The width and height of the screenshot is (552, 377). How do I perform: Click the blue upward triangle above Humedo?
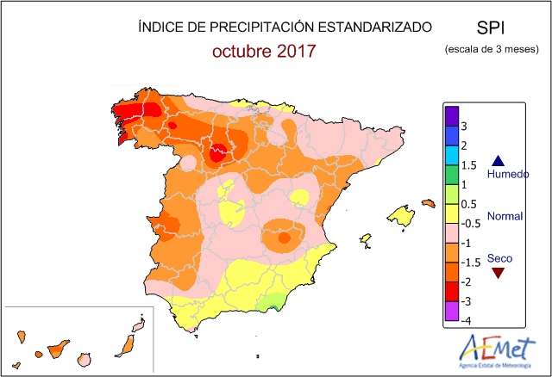[x=498, y=159]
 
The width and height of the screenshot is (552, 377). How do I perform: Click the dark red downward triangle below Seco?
[x=498, y=274]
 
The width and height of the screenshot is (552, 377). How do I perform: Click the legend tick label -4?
[x=466, y=320]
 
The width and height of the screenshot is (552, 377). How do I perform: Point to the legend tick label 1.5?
[x=469, y=165]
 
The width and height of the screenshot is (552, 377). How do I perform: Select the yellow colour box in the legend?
[x=450, y=213]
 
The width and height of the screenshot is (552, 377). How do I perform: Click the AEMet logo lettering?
[x=499, y=349]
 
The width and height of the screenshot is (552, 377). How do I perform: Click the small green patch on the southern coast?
[x=275, y=300]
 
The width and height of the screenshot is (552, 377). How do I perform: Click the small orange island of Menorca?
[x=428, y=203]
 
